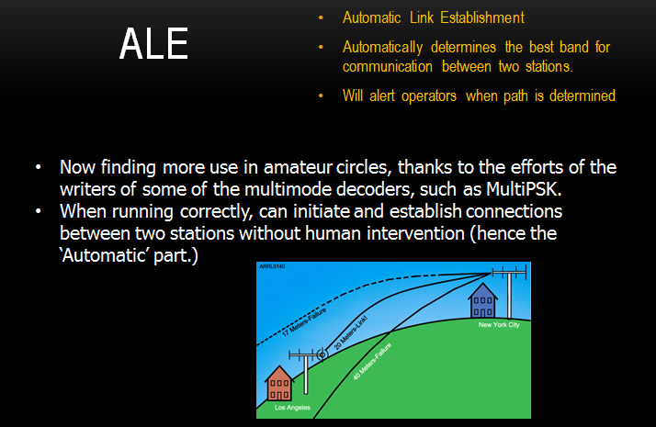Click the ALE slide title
tap(153, 43)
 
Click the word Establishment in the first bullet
tap(482, 17)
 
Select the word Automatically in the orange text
tap(382, 47)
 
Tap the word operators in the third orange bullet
tap(429, 96)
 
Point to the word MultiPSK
tap(524, 189)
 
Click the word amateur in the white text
tap(298, 167)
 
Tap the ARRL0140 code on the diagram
tap(272, 266)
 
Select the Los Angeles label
tap(292, 408)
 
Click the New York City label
tap(499, 324)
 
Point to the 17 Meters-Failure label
tap(304, 322)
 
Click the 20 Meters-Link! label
tap(351, 332)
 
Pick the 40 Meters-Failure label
tap(372, 361)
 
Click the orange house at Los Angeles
tap(279, 384)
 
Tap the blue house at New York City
tap(482, 300)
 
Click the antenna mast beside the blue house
tap(509, 292)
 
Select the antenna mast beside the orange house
tap(306, 372)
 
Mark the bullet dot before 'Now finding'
tap(39, 167)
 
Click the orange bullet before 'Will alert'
tap(321, 96)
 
